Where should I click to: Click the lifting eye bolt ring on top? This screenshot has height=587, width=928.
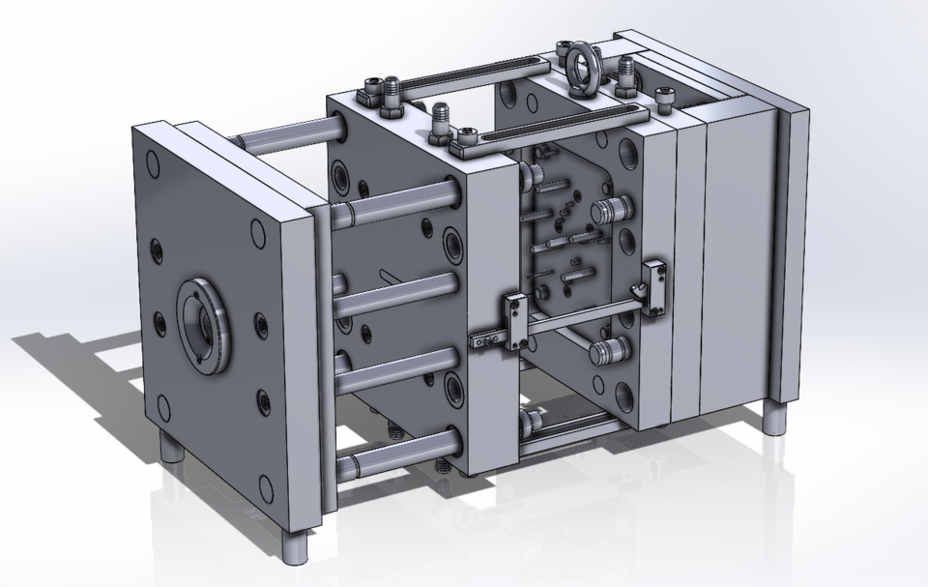[x=584, y=66]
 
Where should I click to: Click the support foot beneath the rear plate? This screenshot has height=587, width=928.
[x=776, y=420]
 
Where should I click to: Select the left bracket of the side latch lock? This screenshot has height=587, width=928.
[x=512, y=320]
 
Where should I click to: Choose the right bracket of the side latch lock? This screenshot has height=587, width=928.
[x=654, y=286]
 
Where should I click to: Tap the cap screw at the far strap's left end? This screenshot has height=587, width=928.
[x=372, y=93]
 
